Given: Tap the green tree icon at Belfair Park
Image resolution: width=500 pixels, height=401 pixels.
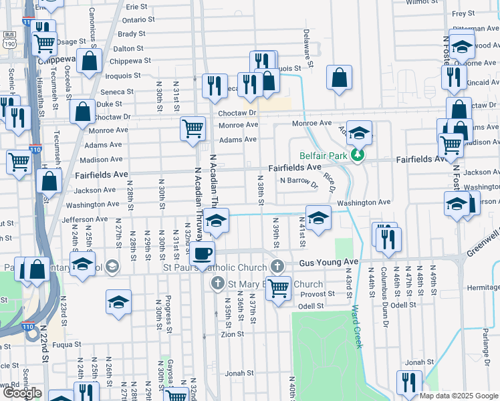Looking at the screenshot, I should pos(359,155).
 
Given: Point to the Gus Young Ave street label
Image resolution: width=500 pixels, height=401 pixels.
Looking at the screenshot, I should pos(329,263).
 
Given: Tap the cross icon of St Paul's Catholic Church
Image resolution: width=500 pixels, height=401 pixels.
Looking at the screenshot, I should pos(277,267).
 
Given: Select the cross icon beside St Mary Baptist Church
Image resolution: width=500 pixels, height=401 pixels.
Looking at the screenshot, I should pos(217,284).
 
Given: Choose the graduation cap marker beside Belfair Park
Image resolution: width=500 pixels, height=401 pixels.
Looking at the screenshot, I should pos(359,134).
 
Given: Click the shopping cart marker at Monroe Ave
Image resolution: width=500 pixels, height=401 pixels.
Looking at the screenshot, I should pos(193,127).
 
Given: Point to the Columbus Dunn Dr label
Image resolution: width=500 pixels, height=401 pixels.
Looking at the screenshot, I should pos(384,295).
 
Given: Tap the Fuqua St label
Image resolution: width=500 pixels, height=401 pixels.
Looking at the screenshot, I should pos(67,345).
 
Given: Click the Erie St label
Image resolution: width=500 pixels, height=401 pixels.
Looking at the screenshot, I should pos(136,6).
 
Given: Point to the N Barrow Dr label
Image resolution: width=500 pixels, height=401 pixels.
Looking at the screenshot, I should pos(299,180).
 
